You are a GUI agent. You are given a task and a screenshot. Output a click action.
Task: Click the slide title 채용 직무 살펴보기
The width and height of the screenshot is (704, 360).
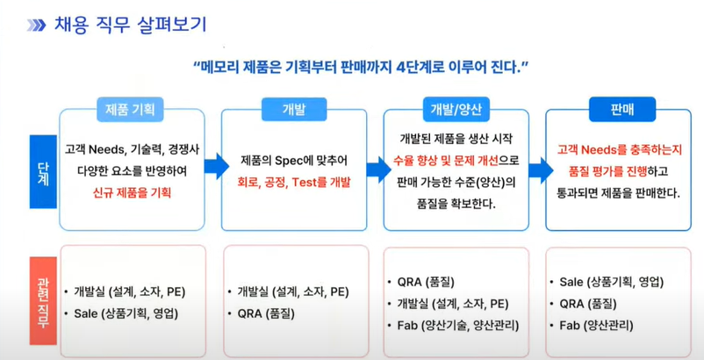click(x=130, y=25)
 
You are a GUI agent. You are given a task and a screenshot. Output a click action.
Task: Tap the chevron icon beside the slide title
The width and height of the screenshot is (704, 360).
click(x=36, y=25)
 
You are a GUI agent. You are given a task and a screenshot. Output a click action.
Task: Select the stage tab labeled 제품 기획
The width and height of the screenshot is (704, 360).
click(x=130, y=110)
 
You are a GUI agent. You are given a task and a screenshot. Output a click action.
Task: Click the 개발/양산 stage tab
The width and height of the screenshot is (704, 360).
click(x=456, y=110)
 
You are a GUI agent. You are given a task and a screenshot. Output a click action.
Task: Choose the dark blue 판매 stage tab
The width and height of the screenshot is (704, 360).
click(x=622, y=109)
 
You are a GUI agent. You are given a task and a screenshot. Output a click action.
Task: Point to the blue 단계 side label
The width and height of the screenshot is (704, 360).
click(x=43, y=171)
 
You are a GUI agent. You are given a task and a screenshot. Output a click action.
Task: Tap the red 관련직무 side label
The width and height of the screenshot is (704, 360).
click(x=43, y=300)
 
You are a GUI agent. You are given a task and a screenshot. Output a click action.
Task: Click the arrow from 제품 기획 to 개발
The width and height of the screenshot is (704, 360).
click(x=217, y=166)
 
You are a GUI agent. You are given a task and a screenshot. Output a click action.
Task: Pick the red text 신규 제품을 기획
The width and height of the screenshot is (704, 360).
click(x=132, y=193)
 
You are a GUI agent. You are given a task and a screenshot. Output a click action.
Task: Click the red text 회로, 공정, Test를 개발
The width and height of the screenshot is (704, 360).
click(x=294, y=183)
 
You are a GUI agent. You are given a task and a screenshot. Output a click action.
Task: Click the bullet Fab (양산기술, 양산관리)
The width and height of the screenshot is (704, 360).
click(x=458, y=325)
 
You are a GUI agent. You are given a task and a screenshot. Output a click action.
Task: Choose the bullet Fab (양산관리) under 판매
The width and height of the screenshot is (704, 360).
click(x=596, y=325)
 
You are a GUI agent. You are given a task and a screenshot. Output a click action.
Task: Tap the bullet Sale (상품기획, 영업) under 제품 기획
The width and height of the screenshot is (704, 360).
click(x=126, y=313)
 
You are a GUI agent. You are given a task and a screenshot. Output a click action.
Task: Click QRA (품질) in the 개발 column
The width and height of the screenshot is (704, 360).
click(x=266, y=313)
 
